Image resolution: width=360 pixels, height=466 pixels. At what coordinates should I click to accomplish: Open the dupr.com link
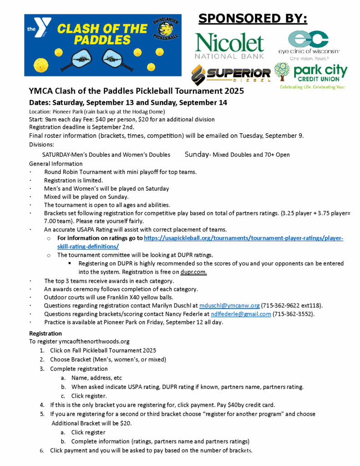tap(194, 272)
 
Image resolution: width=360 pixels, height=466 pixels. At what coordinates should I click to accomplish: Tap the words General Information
tap(56, 163)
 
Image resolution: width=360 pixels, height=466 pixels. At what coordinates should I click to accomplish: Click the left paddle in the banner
tap(78, 58)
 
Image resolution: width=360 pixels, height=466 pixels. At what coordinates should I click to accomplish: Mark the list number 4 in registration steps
tap(41, 405)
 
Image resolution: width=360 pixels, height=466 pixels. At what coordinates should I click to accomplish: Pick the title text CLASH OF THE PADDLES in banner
tap(102, 34)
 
